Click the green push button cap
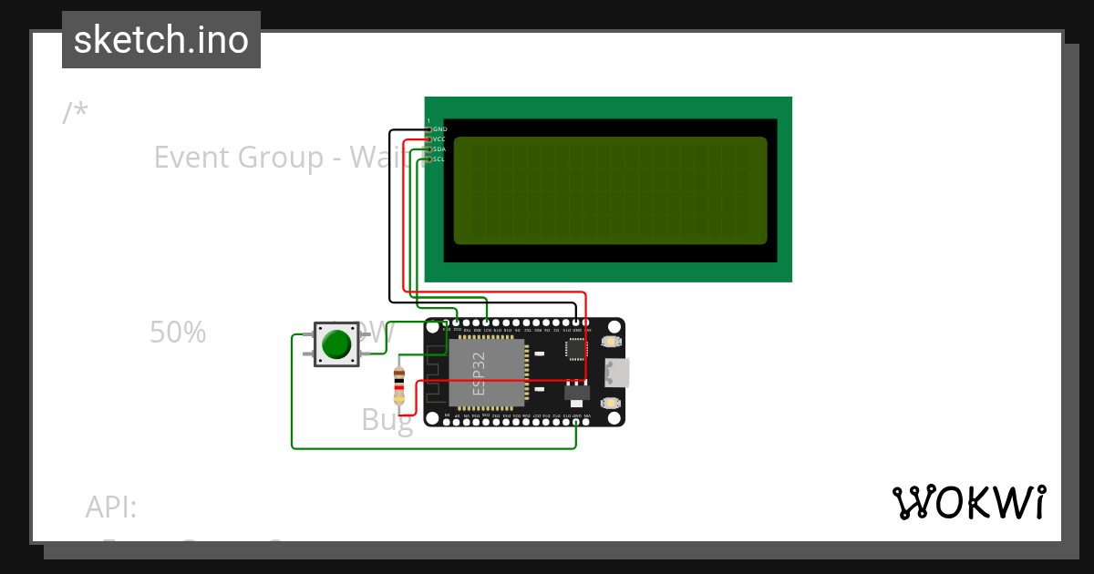pos(336,343)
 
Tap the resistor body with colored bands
pos(398,385)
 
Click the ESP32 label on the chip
pos(480,372)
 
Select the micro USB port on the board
pos(616,372)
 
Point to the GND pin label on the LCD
pos(439,129)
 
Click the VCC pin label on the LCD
pos(439,139)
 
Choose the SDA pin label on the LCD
pos(439,149)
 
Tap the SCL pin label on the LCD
pos(439,159)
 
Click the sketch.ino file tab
pos(161,40)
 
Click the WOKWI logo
pos(969,502)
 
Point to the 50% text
pos(178,333)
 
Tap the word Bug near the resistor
pos(387,420)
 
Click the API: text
pos(111,507)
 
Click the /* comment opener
pos(75,113)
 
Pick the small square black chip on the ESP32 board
pos(576,349)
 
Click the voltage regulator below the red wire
pos(576,392)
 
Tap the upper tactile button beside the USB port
pos(611,343)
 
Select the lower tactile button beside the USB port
pos(611,402)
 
